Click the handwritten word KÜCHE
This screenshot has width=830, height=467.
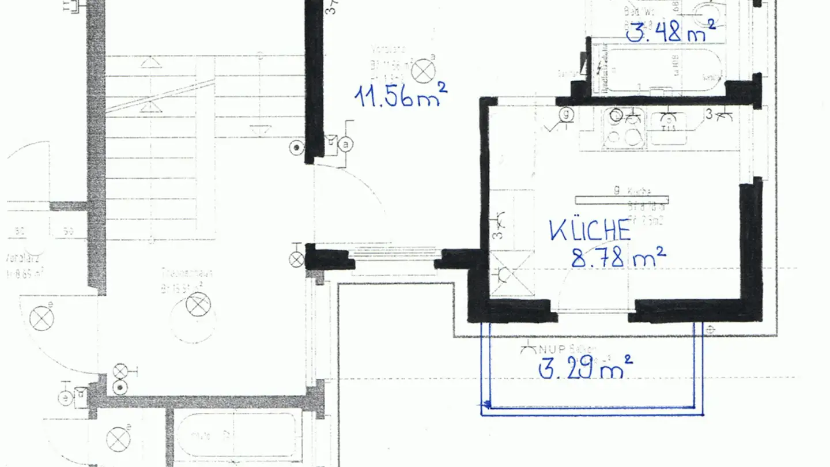coord(590,230)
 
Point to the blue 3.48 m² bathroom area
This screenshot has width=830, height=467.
coord(671,33)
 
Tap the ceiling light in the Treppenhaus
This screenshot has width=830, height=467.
coord(198,304)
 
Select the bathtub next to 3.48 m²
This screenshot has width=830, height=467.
coord(657,70)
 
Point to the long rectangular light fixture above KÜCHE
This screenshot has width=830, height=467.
coord(621,199)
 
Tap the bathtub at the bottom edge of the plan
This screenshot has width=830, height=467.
coord(236,435)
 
